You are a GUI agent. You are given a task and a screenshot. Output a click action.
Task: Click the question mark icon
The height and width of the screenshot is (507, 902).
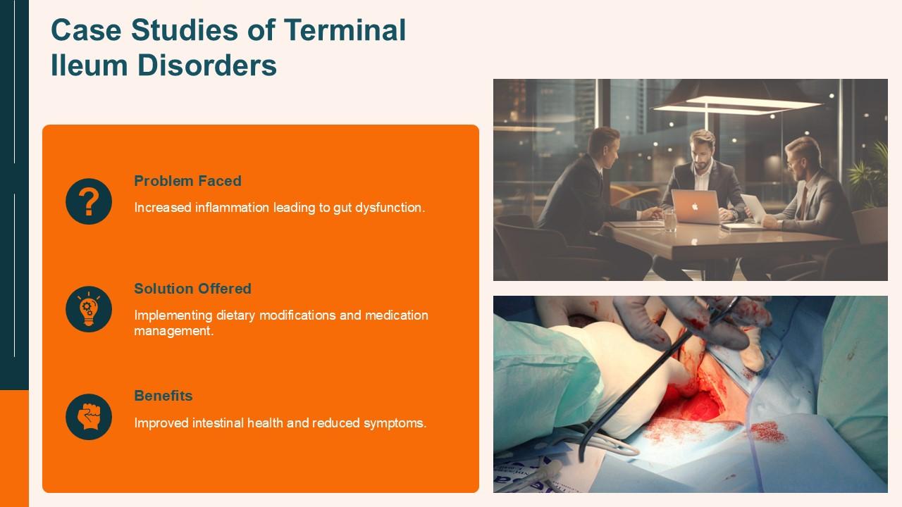coord(89,201)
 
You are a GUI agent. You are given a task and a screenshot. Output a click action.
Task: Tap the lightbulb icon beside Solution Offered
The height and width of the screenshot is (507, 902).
coord(89,309)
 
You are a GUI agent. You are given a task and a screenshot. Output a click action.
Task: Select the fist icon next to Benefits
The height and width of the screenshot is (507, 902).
coord(89,417)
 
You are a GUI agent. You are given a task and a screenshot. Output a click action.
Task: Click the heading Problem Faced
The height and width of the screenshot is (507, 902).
coord(187,181)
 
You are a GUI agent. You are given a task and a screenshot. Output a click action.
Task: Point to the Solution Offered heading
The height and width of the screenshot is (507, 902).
coord(192,289)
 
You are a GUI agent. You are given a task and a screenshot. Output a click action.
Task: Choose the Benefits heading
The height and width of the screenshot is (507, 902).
coord(163,396)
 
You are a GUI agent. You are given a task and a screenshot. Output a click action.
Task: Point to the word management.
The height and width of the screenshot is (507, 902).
coord(173,330)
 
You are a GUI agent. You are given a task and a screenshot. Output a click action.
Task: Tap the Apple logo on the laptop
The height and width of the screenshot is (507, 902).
coord(694,205)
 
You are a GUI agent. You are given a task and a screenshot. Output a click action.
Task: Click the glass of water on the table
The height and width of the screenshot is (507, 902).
coord(669,220)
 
